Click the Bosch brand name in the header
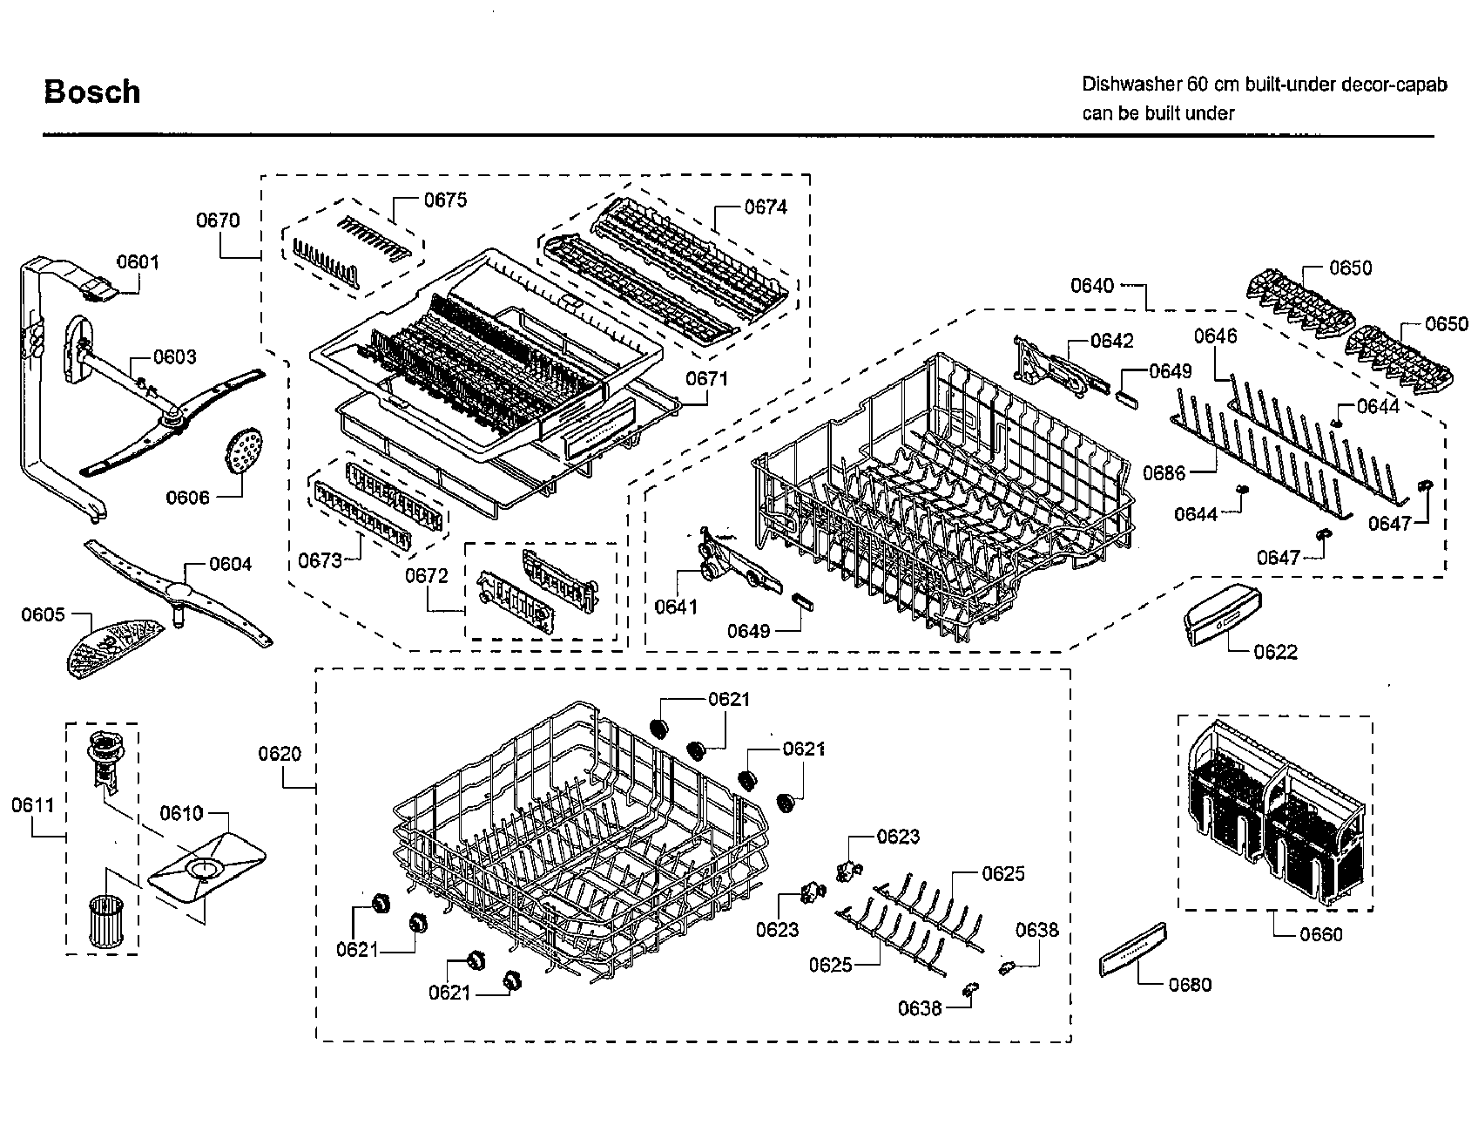(x=91, y=92)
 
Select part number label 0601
(x=138, y=261)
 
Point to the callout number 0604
(x=230, y=564)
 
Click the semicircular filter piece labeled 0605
(x=113, y=647)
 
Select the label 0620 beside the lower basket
(x=279, y=753)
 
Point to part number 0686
(x=1164, y=473)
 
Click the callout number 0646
(x=1215, y=336)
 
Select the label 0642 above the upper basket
(x=1112, y=341)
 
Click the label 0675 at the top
(x=445, y=200)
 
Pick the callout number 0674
(x=765, y=207)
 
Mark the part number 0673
(x=320, y=560)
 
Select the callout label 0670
(x=218, y=220)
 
